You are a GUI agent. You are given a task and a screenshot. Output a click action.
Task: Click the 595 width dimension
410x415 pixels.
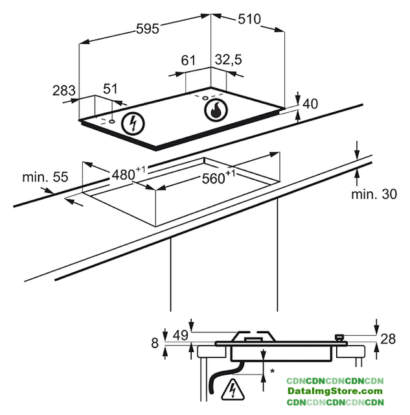pos(148,29)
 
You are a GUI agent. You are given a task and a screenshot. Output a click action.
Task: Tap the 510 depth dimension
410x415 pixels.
pos(249,19)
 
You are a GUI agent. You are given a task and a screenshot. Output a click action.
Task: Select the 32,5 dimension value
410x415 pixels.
pos(229,60)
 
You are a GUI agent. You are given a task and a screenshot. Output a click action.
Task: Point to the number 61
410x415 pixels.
pos(188,60)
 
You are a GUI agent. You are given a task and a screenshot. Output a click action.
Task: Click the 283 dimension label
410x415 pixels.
pos(64,91)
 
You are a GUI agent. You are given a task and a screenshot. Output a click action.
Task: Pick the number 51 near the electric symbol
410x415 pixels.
pos(110,89)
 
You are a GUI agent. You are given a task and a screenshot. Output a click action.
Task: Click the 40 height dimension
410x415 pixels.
pos(310,104)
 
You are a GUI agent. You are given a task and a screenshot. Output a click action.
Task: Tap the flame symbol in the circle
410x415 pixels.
pos(216,110)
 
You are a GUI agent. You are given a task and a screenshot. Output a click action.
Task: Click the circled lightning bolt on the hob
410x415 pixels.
pos(133,124)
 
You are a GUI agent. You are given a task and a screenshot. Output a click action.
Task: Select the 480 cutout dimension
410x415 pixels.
pos(128,174)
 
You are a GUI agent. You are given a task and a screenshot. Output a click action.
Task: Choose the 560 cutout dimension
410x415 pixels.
pos(218,177)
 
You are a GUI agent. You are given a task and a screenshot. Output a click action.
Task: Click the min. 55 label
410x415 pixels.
pos(45,177)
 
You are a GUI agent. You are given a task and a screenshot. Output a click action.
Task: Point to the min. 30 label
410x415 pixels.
pos(374,195)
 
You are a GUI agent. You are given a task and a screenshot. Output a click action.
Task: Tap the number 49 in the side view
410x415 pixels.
pos(181,335)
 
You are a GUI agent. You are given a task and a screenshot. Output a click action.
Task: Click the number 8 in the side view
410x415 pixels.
pos(155,343)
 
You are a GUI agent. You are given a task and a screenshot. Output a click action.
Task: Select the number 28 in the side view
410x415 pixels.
pos(388,338)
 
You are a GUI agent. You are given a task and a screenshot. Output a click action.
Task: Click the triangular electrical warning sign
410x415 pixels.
pos(233,389)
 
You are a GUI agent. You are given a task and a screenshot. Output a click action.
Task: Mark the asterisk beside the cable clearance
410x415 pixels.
pos(272,372)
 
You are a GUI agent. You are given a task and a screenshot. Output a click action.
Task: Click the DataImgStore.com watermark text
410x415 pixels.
pos(335,391)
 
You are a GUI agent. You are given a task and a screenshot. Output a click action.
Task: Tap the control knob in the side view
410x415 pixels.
pos(339,338)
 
